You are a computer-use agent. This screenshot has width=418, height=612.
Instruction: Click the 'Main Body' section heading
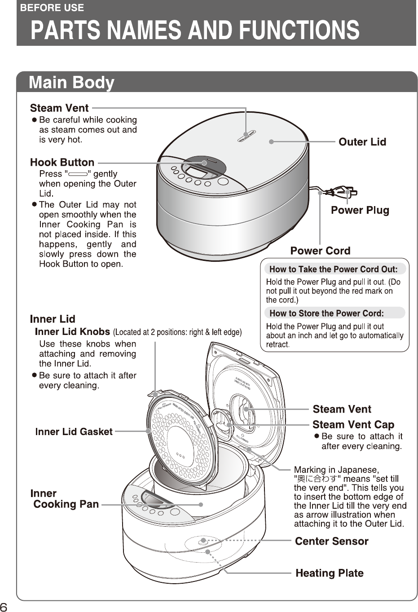pyautogui.click(x=71, y=83)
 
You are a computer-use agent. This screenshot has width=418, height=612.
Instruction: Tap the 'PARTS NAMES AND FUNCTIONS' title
pyautogui.click(x=194, y=30)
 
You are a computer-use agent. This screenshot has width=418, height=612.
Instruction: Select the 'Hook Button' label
pyautogui.click(x=62, y=163)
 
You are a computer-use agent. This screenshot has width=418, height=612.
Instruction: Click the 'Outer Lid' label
pyautogui.click(x=362, y=142)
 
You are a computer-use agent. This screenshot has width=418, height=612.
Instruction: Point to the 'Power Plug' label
pyautogui.click(x=360, y=210)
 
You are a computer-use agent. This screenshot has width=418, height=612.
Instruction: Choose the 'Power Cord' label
pyautogui.click(x=320, y=251)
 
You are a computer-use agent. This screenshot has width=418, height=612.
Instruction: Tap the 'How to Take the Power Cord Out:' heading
pyautogui.click(x=333, y=269)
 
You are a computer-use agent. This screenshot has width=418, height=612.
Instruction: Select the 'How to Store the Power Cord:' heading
pyautogui.click(x=326, y=313)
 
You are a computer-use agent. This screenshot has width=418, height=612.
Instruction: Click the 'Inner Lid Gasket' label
pyautogui.click(x=74, y=432)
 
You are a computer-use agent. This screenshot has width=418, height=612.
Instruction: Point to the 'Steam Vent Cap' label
pyautogui.click(x=353, y=425)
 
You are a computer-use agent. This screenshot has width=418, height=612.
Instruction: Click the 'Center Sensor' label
pyautogui.click(x=331, y=542)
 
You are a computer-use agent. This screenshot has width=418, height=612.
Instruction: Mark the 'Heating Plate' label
pyautogui.click(x=329, y=573)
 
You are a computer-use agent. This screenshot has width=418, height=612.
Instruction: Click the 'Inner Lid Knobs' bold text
pyautogui.click(x=72, y=332)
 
